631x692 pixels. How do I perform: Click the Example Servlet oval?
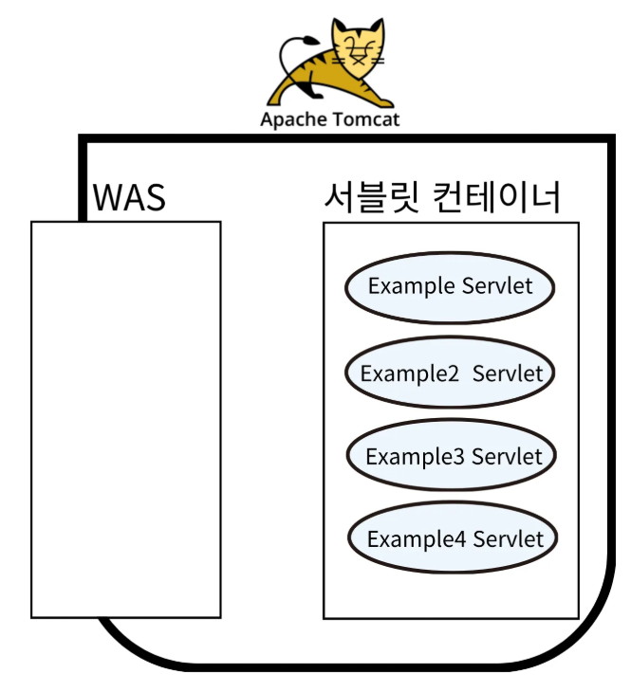[x=450, y=286]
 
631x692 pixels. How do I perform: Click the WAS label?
[x=129, y=198]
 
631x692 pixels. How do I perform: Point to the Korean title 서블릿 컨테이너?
[x=442, y=198]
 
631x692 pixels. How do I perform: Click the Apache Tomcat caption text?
[x=329, y=119]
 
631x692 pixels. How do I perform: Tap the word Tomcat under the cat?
[x=365, y=119]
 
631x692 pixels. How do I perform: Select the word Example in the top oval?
[x=411, y=286]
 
